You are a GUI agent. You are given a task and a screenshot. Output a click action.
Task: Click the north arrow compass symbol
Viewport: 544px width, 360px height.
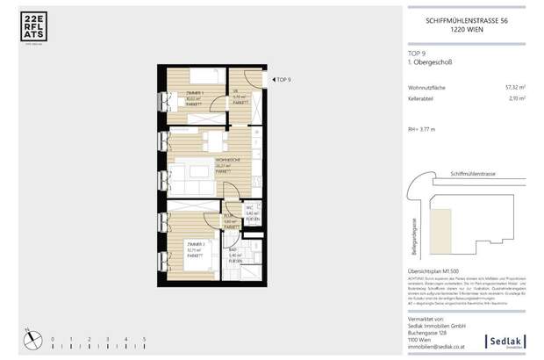point(28,335)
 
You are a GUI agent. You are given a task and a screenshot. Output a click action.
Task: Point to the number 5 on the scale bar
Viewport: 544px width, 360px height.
point(144,338)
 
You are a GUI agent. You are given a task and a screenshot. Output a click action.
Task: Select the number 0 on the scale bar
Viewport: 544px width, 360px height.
point(52,338)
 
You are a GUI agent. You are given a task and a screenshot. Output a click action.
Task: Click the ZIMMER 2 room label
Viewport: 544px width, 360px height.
point(195,246)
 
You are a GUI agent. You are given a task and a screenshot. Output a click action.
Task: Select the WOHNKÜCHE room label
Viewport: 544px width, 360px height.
point(203,162)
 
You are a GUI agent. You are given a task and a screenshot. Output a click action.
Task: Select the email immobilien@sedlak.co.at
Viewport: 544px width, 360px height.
point(440,349)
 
